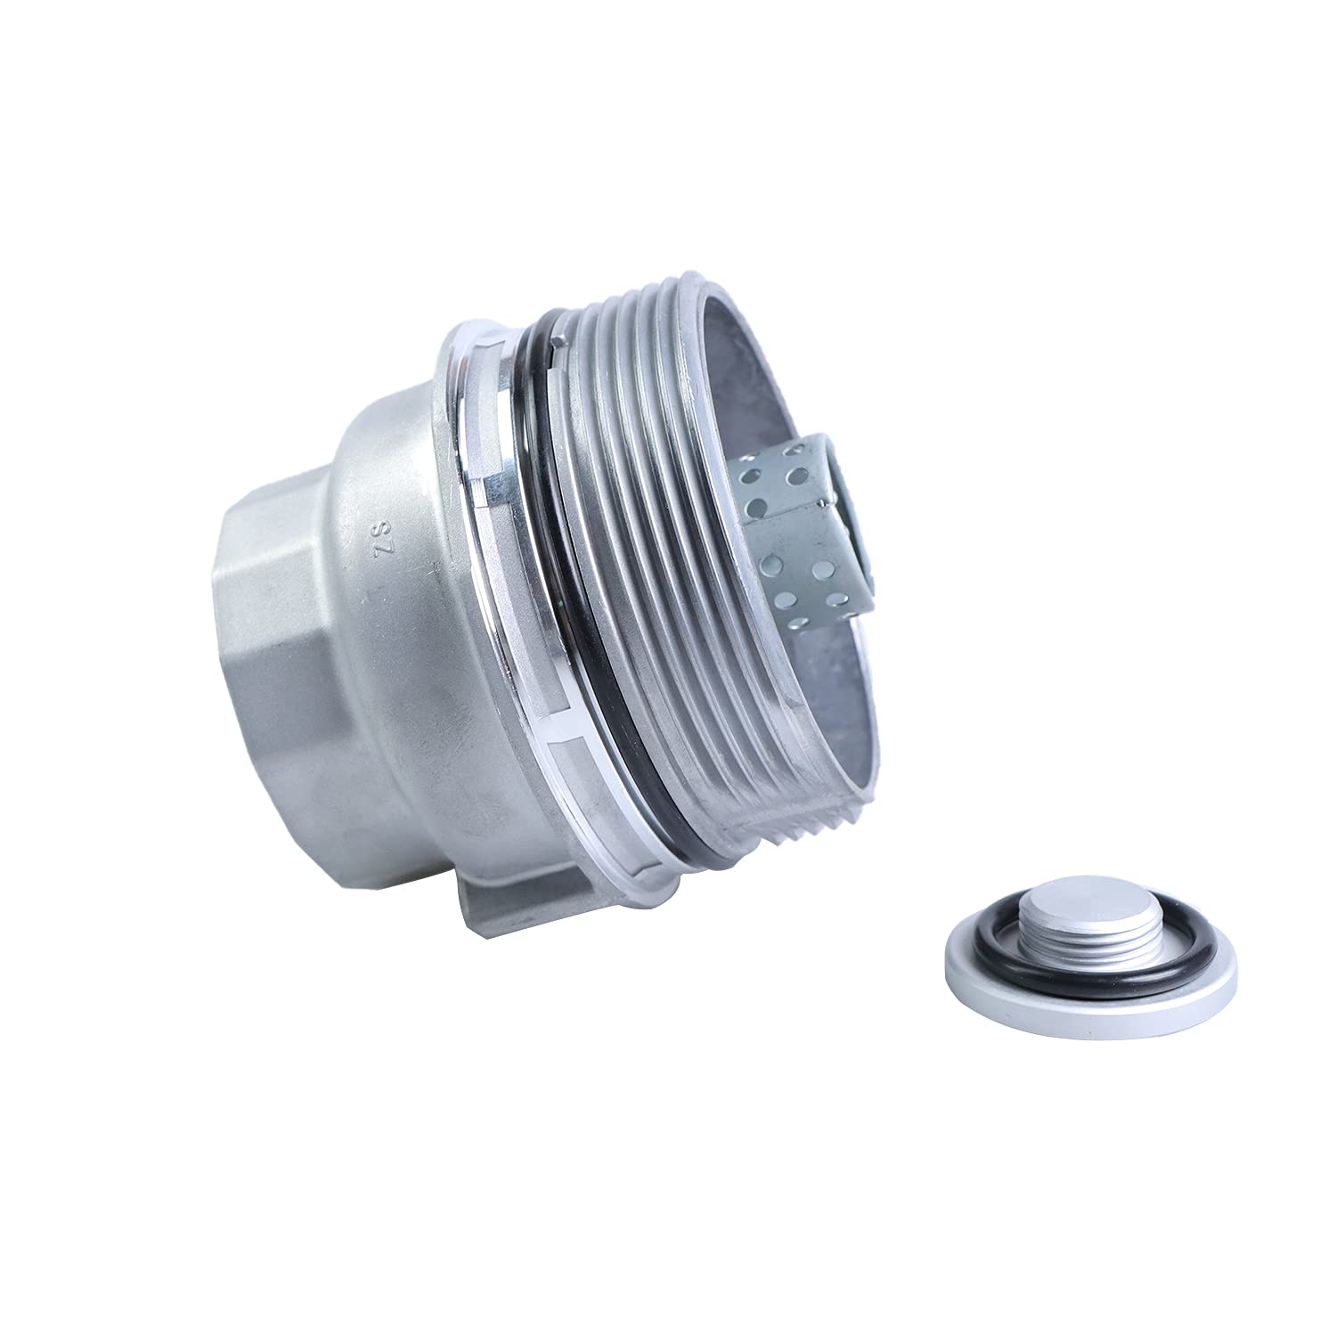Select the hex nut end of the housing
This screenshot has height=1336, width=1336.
[267, 570]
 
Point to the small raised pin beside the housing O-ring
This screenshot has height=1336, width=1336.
[559, 341]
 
